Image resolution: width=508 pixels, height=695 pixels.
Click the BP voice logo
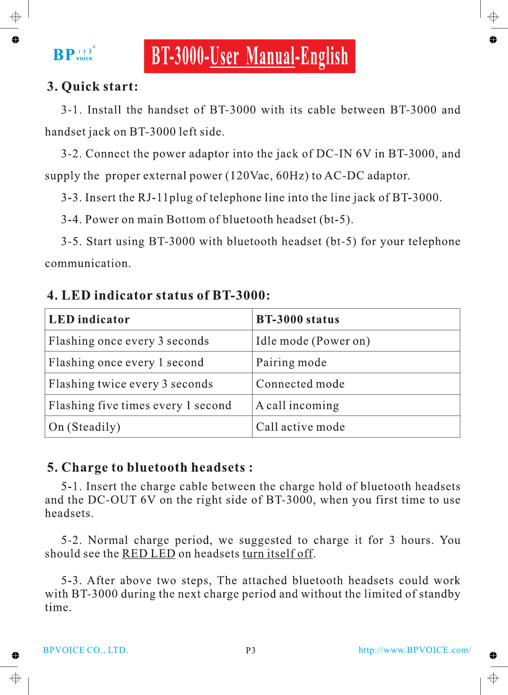74,54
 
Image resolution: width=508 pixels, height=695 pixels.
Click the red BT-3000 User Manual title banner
249,56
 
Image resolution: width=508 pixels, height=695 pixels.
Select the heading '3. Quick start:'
93,86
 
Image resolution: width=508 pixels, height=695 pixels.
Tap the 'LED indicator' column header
89,319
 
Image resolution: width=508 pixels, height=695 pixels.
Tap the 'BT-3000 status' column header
298,319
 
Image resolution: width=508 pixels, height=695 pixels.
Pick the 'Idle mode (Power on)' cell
313,341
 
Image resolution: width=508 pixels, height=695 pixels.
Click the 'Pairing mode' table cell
291,362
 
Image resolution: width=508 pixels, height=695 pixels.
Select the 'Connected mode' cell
300,384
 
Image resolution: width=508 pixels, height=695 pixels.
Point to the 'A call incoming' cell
298,405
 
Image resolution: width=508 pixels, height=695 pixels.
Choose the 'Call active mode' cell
300,427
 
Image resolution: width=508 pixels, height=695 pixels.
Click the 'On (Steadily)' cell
85,427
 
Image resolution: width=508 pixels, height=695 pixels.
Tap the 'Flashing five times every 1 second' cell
140,405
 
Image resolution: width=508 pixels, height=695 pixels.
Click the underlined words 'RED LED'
149,554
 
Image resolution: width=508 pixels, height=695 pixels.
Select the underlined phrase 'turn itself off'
278,554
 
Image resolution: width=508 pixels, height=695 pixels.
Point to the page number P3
251,650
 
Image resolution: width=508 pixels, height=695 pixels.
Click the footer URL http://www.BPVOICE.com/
415,650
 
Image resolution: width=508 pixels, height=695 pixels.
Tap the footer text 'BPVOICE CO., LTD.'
86,650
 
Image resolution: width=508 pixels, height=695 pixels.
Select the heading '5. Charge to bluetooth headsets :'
150,467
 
